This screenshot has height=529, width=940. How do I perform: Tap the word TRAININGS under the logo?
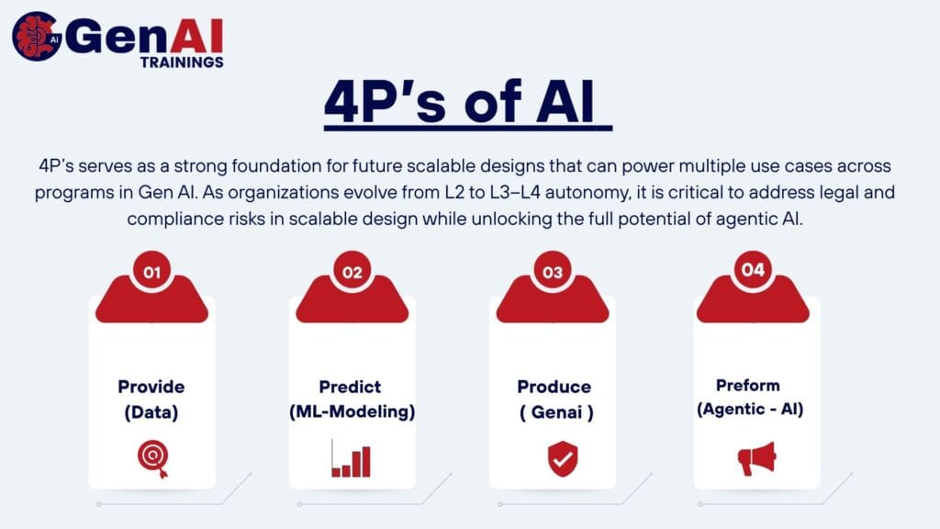pyautogui.click(x=182, y=62)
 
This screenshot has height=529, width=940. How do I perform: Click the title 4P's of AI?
pyautogui.click(x=459, y=102)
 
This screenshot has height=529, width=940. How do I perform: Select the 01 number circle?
pyautogui.click(x=152, y=272)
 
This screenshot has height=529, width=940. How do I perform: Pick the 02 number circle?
pyautogui.click(x=352, y=272)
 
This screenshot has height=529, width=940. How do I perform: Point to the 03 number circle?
pyautogui.click(x=553, y=272)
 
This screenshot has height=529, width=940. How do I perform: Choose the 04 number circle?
pyautogui.click(x=753, y=270)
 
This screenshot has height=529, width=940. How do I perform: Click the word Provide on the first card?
pyautogui.click(x=151, y=387)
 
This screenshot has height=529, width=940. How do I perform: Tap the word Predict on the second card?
pyautogui.click(x=350, y=387)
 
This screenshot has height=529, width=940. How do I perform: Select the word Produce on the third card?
pyautogui.click(x=554, y=387)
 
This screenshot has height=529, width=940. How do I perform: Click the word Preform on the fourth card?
pyautogui.click(x=748, y=385)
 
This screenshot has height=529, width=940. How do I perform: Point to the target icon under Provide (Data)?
pyautogui.click(x=153, y=459)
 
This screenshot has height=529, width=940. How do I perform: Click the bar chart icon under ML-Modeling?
pyautogui.click(x=351, y=458)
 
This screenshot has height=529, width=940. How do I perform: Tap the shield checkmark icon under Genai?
pyautogui.click(x=563, y=459)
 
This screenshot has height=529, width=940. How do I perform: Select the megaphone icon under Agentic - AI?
pyautogui.click(x=757, y=459)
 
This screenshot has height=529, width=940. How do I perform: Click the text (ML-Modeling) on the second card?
pyautogui.click(x=352, y=412)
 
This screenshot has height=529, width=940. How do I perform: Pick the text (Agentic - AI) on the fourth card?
pyautogui.click(x=750, y=410)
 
